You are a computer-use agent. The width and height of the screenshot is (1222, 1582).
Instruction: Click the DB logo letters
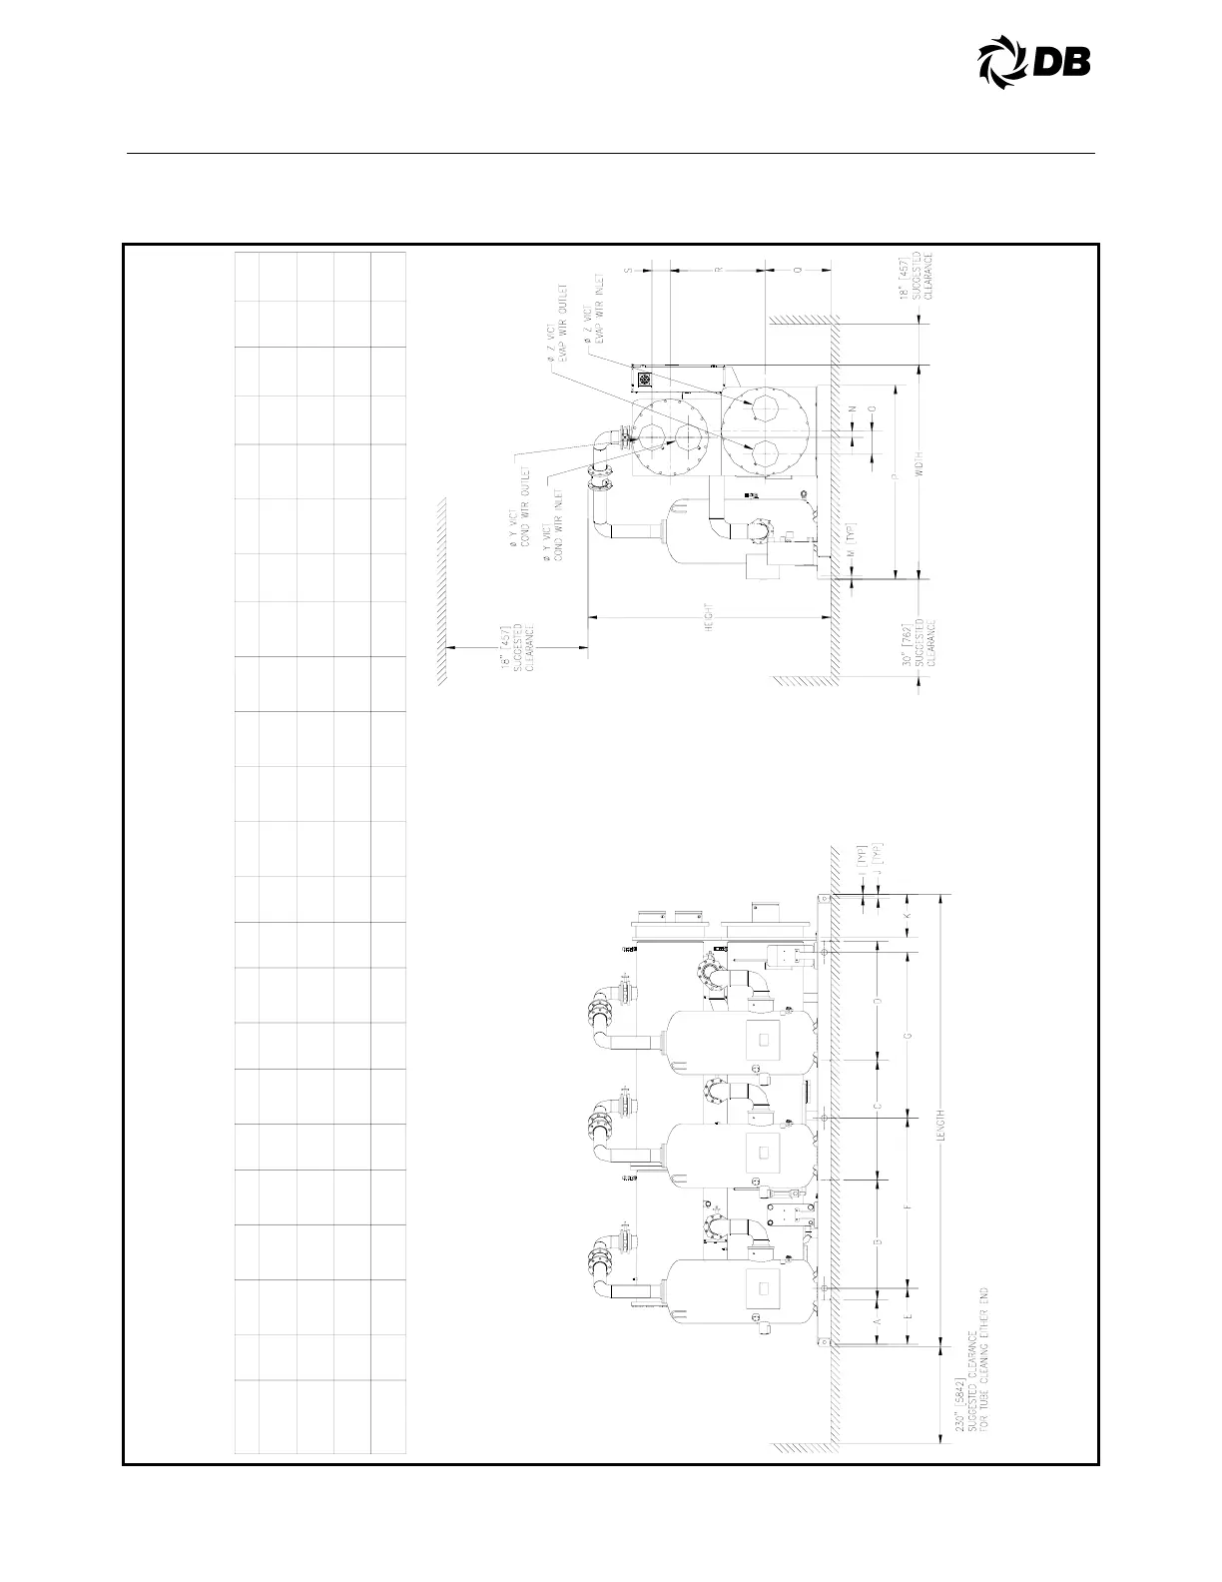1061,63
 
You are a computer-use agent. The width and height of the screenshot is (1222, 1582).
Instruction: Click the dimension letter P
895,479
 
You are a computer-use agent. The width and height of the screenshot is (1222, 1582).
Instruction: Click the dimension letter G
909,1035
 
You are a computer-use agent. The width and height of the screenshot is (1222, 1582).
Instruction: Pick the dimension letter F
909,1209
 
